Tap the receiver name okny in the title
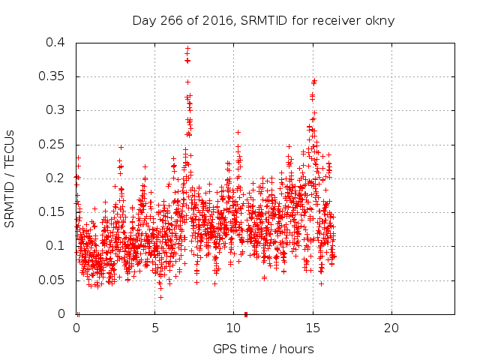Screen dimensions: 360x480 (379, 20)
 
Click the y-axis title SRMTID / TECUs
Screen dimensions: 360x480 (10, 178)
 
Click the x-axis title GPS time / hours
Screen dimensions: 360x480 (263, 349)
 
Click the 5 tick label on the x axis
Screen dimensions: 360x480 (155, 328)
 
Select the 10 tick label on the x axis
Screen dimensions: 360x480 (233, 328)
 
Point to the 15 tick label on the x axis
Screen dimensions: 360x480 (312, 328)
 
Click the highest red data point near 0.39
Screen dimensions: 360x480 (187, 49)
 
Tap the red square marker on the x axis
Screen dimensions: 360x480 (246, 313)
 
